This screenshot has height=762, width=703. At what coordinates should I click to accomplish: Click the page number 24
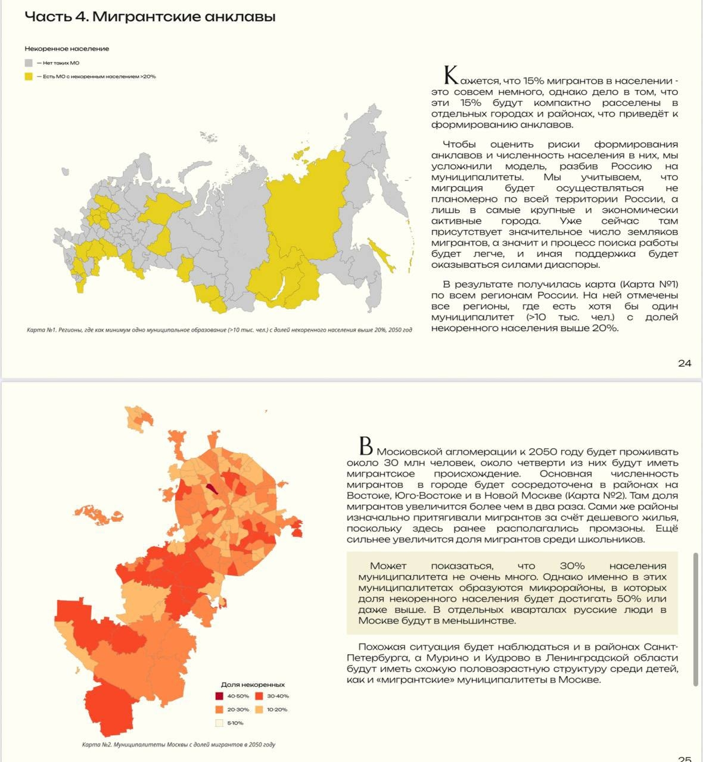[x=685, y=363]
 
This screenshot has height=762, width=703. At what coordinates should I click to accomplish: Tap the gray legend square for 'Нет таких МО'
[x=29, y=63]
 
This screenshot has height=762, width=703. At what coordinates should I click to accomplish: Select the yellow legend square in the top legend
[x=29, y=76]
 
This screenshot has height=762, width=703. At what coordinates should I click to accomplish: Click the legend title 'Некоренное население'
[x=67, y=49]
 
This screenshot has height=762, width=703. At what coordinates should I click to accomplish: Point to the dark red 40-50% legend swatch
[x=219, y=696]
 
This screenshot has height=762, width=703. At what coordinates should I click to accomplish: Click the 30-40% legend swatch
[x=259, y=696]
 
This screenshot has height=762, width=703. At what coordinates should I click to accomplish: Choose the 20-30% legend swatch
[x=219, y=710]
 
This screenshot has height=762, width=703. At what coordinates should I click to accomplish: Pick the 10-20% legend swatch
[x=259, y=710]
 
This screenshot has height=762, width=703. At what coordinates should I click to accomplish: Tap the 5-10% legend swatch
[x=219, y=723]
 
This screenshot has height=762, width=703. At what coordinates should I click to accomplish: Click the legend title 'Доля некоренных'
[x=253, y=685]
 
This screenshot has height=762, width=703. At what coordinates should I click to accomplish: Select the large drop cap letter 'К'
[x=451, y=76]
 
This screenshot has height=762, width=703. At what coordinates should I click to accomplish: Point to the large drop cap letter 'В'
[x=366, y=446]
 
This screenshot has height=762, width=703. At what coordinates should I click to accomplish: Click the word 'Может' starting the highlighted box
[x=388, y=566]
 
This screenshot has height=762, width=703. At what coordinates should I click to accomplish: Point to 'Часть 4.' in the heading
[x=56, y=17]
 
